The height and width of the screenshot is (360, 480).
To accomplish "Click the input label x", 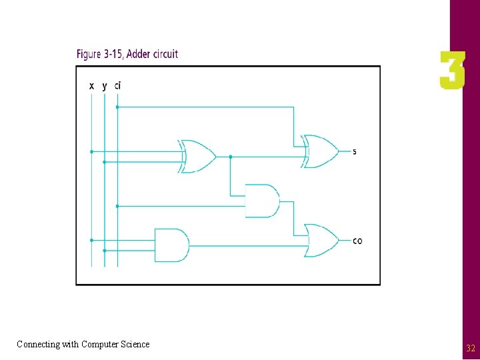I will [91, 86].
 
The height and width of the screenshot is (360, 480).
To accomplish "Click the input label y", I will [104, 86].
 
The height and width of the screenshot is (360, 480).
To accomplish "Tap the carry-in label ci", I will [117, 85].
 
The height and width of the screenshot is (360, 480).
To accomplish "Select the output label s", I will [354, 151].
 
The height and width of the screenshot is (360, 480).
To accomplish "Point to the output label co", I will [357, 241].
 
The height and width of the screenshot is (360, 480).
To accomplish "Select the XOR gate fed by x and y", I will [198, 157].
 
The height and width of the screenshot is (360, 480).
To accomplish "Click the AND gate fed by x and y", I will [171, 245].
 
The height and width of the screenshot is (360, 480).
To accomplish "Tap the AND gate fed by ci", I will [262, 201].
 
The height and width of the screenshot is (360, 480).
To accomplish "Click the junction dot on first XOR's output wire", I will [230, 157].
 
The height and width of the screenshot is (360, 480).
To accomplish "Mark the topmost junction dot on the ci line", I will [117, 107].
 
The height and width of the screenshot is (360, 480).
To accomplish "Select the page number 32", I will [471, 348].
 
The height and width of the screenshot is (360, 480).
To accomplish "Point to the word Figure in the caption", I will [89, 54].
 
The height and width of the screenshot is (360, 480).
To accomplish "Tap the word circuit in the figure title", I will [165, 54].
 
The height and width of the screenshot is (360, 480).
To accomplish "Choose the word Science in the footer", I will [135, 344].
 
